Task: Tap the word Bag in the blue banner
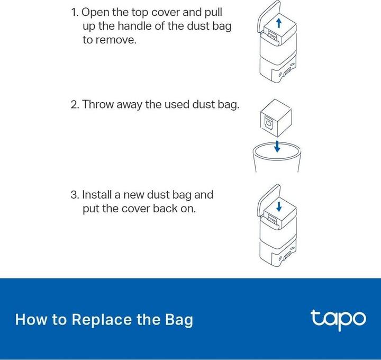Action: pyautogui.click(x=179, y=320)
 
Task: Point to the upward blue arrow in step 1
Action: pyautogui.click(x=279, y=23)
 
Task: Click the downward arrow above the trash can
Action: pyautogui.click(x=277, y=146)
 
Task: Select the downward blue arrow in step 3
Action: pyautogui.click(x=279, y=206)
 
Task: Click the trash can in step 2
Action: pyautogui.click(x=277, y=157)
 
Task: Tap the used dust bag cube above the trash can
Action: pyautogui.click(x=276, y=119)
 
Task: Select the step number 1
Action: pyautogui.click(x=75, y=12)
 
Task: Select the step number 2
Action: pyautogui.click(x=75, y=104)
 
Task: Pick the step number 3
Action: pyautogui.click(x=75, y=195)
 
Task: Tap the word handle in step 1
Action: pyautogui.click(x=135, y=26)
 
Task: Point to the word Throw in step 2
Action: pyautogui.click(x=98, y=104)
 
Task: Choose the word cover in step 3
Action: pyautogui.click(x=136, y=209)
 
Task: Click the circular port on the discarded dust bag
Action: pyautogui.click(x=269, y=124)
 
